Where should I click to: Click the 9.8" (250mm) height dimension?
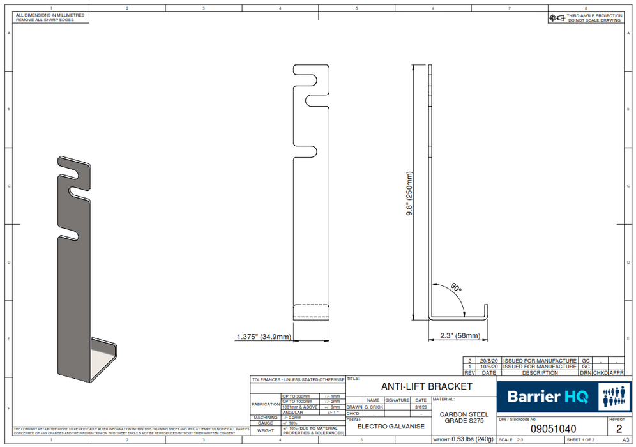click(x=410, y=194)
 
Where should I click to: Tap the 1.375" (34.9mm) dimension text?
click(x=264, y=337)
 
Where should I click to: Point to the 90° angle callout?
click(x=455, y=288)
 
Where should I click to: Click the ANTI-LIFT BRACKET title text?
click(x=427, y=386)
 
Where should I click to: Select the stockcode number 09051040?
click(x=553, y=430)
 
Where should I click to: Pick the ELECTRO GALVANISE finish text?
click(x=390, y=426)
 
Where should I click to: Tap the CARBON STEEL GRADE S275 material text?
click(x=464, y=417)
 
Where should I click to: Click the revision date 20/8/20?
click(x=488, y=361)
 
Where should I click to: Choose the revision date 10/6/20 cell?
click(x=488, y=367)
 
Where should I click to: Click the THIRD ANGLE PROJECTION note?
click(x=594, y=16)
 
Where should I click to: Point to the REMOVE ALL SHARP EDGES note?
click(x=45, y=20)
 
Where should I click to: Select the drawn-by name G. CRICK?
click(x=374, y=407)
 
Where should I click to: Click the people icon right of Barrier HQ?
click(x=615, y=396)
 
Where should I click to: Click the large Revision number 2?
click(x=618, y=429)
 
